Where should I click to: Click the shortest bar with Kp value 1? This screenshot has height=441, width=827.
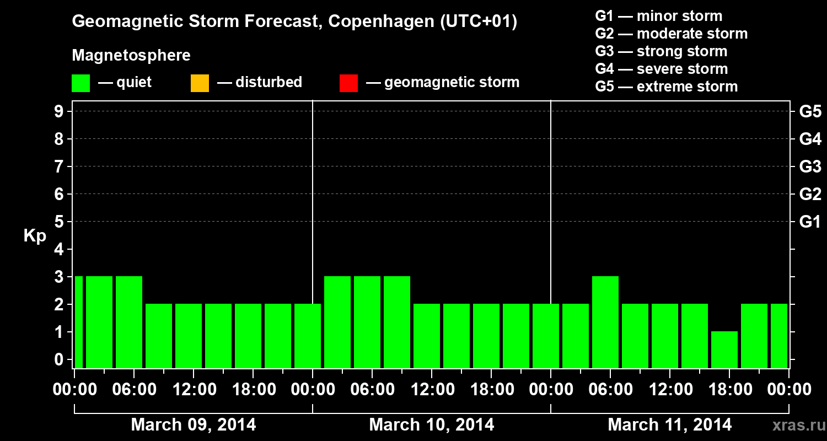coord(724,349)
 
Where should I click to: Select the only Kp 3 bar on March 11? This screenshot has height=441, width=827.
coord(605,322)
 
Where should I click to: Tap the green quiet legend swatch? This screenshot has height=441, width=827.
coord(80,83)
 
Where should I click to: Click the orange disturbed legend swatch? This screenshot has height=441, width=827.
coord(200,83)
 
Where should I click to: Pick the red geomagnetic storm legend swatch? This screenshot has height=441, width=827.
coord(348,83)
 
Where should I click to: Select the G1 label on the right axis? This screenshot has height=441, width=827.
coord(810,222)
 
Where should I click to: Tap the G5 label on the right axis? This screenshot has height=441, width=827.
coord(810,112)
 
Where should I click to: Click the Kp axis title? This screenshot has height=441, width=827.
coord(35,236)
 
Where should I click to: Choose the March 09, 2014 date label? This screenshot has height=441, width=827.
coord(193,425)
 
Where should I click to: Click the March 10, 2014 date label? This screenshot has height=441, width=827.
coord(431,425)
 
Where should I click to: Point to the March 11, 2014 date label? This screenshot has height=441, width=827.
coord(669,425)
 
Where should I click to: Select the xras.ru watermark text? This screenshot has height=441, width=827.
coord(794,425)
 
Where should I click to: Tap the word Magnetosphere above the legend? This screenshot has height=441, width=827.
coord(131,56)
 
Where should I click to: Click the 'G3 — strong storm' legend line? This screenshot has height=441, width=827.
coord(661,51)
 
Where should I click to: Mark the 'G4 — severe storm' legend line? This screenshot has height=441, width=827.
coord(661,69)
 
